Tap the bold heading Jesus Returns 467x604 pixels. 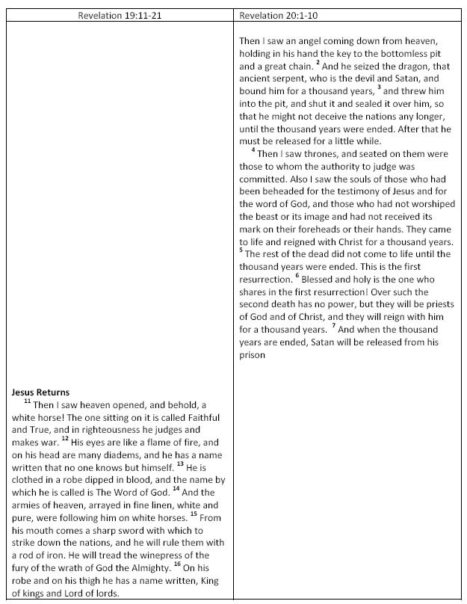pos(40,392)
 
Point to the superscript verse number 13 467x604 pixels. pos(180,463)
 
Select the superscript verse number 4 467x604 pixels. pos(253,150)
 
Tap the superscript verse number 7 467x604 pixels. pos(336,327)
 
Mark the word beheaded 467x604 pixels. pos(267,191)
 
